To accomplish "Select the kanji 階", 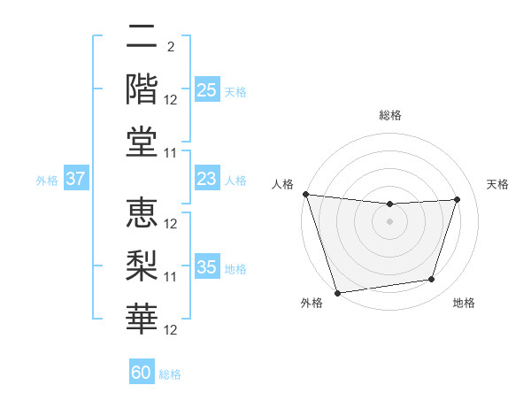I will (x=142, y=89).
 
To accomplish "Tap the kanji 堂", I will (x=142, y=140).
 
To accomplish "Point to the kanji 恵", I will (x=142, y=213).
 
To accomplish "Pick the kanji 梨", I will (x=142, y=265).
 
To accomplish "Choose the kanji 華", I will (x=142, y=316).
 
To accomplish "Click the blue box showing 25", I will (x=206, y=90).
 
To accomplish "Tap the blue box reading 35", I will (x=206, y=267).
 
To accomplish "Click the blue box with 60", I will (x=142, y=373).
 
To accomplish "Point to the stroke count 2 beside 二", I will (x=171, y=47).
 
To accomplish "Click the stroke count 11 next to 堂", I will (x=172, y=153).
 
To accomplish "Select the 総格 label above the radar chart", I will (x=390, y=115).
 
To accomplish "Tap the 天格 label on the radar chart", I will (x=497, y=184).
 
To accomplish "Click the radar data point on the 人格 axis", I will (x=306, y=194).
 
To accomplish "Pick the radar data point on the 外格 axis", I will (x=338, y=293).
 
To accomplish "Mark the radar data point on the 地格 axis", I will (x=432, y=280).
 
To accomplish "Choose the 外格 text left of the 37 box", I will (x=47, y=181).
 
